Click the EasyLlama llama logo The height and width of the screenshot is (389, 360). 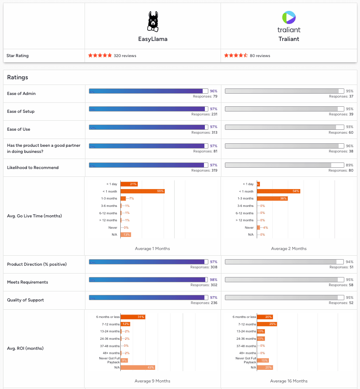(153, 21)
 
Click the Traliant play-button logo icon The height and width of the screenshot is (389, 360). (289, 17)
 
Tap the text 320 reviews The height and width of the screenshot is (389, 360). (125, 56)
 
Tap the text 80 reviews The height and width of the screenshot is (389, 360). (260, 56)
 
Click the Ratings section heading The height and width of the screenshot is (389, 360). (17, 78)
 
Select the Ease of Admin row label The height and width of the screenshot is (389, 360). (21, 94)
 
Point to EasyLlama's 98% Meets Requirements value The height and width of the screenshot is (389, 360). (214, 280)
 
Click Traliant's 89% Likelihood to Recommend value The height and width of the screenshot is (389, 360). (349, 165)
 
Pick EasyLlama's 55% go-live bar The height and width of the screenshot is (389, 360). (142, 191)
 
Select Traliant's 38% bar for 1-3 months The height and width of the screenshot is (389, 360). (272, 199)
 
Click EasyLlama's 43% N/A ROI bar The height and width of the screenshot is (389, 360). (138, 367)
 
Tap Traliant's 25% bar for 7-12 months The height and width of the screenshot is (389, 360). (267, 324)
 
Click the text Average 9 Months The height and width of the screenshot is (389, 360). (153, 381)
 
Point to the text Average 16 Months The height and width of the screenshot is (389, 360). (289, 381)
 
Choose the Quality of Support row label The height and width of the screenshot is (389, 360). (25, 300)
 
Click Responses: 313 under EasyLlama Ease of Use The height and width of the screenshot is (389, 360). (204, 132)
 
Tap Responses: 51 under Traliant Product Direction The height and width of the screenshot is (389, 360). (341, 267)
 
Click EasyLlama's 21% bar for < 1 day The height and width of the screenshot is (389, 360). (129, 184)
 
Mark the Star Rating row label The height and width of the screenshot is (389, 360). (17, 56)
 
